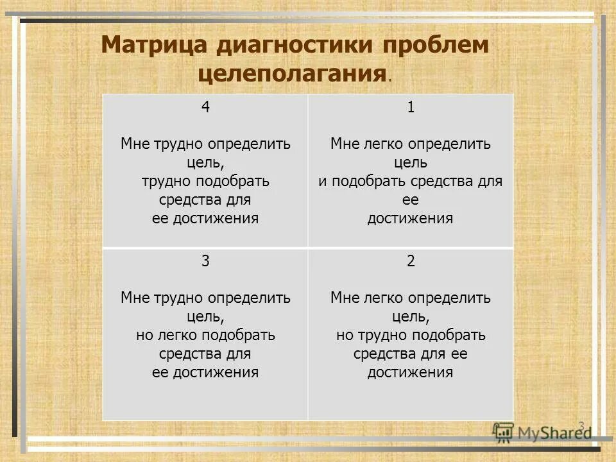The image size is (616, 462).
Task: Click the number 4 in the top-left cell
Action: pyautogui.click(x=205, y=107)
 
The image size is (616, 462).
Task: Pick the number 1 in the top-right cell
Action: pyautogui.click(x=411, y=107)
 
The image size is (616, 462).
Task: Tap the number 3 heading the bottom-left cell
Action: pyautogui.click(x=205, y=261)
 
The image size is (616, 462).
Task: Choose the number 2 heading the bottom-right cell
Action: pyautogui.click(x=411, y=261)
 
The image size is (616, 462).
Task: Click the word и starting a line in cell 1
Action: pyautogui.click(x=321, y=181)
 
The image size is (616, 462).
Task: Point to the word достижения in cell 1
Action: pyautogui.click(x=411, y=218)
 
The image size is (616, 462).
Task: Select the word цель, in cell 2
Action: pyautogui.click(x=411, y=316)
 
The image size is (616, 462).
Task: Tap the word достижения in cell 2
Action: pyautogui.click(x=411, y=372)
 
